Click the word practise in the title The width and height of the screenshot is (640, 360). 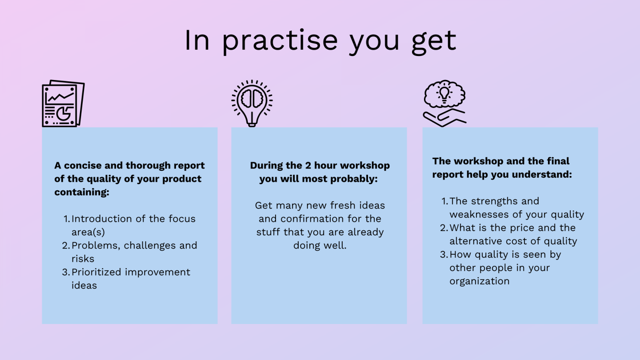click(280, 41)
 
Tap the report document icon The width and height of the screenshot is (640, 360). click(63, 104)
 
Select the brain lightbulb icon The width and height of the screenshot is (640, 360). click(252, 103)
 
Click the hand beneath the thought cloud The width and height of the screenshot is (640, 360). click(444, 118)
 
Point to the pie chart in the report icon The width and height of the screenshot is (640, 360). click(64, 113)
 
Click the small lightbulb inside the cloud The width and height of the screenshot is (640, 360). click(444, 94)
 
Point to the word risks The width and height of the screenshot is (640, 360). click(83, 259)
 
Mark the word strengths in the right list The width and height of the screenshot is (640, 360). click(494, 201)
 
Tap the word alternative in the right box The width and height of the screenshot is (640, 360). click(476, 241)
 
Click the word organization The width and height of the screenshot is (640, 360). click(480, 281)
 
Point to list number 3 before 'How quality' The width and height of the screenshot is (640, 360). click(444, 255)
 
